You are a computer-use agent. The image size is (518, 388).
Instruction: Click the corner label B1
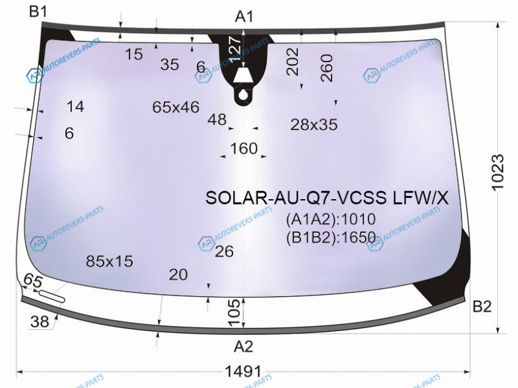coord(38,12)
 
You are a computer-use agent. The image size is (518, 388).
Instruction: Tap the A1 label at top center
coord(244,17)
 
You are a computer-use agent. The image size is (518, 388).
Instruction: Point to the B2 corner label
coord(482,307)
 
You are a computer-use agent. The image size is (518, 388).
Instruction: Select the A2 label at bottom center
coord(243,347)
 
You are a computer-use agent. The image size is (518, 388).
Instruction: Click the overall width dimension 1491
coord(243,371)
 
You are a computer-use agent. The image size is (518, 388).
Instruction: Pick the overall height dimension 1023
coord(497,172)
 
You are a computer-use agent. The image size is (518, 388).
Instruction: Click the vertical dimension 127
coord(235,49)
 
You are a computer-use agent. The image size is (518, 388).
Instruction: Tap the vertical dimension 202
coord(293,61)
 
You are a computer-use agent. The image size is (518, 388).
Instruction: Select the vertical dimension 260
coord(326,68)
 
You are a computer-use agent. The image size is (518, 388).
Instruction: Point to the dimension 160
coord(244,149)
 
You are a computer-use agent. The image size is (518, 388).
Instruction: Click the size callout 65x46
coord(175,107)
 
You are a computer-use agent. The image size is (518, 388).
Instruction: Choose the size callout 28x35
coord(314,125)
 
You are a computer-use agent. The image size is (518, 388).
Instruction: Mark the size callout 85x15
coord(109,261)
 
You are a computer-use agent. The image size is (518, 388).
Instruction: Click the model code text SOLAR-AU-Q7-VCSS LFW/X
coord(327,198)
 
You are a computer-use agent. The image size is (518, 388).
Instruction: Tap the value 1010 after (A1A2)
coord(358,219)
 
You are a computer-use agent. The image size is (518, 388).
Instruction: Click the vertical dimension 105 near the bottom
coord(234,312)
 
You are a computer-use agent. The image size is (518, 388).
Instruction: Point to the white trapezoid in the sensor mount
coord(243,76)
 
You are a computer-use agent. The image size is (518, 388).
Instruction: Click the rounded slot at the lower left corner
coord(52,296)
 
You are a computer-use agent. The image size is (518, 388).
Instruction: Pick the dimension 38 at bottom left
coord(39,321)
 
